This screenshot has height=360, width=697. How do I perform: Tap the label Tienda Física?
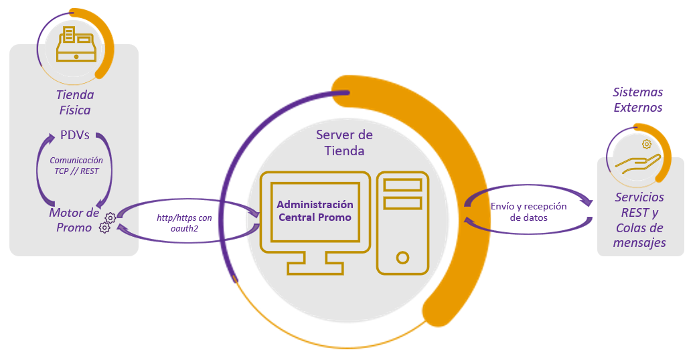point(74,102)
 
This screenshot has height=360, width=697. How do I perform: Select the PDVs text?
point(74,136)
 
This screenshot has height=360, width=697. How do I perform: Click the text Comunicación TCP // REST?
point(76,165)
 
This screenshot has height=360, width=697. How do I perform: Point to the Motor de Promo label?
point(74,219)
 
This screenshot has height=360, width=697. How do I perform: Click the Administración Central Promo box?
point(315,211)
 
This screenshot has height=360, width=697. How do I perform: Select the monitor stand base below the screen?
point(315,268)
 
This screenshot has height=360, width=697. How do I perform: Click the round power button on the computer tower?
point(402,256)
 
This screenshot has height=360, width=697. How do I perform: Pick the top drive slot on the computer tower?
point(402,185)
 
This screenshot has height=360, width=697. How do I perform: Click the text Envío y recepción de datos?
point(529,211)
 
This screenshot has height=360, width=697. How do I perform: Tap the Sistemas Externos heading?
point(638,100)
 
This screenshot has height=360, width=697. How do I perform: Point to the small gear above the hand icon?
point(647,144)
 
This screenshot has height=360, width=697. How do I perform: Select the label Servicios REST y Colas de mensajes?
point(639,220)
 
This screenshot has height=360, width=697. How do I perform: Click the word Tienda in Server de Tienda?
point(344,151)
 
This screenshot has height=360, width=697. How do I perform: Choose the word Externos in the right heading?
point(638,107)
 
